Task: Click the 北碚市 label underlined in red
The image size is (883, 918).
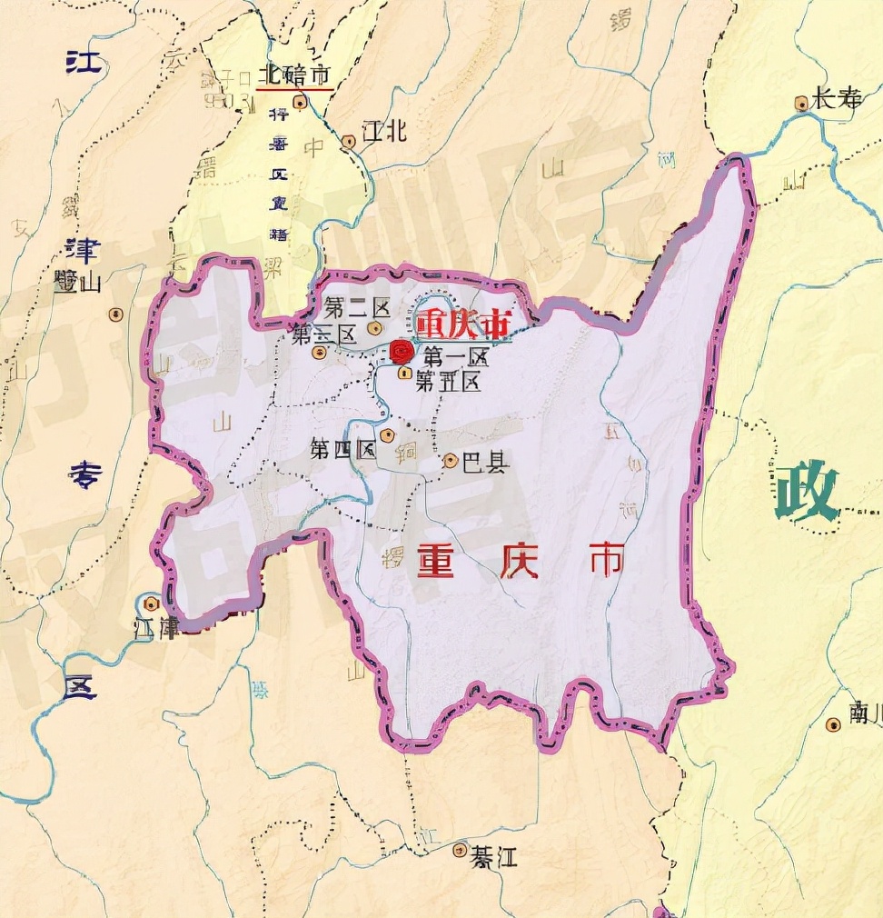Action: tap(293, 75)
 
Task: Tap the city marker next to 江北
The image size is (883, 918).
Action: tap(349, 142)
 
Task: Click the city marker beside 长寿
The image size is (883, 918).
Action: tap(801, 104)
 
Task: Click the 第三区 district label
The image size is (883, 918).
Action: tap(322, 335)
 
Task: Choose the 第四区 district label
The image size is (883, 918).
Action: tap(342, 449)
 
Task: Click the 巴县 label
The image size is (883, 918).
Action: tap(486, 463)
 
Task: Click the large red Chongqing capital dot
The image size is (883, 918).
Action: tap(402, 352)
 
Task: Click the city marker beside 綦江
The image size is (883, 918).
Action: tap(461, 851)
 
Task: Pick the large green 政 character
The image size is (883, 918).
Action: tap(806, 492)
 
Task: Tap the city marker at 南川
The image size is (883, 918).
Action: tap(833, 724)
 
